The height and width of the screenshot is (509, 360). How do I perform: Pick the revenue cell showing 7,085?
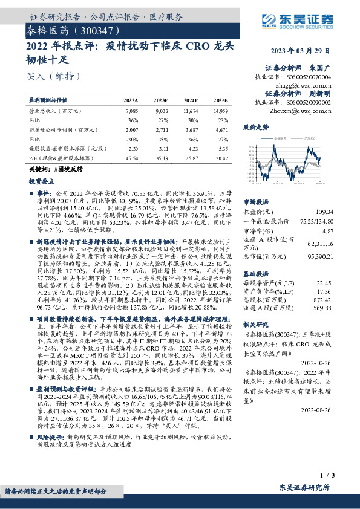pos(131,112)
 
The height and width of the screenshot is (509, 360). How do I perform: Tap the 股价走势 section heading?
pos(256,128)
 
